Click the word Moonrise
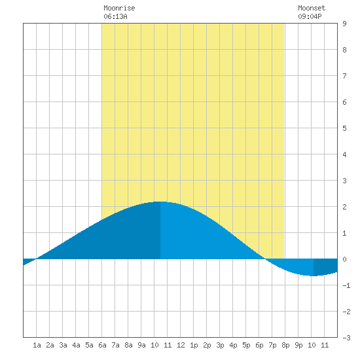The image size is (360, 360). [x=119, y=8]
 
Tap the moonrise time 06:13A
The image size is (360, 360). [x=115, y=16]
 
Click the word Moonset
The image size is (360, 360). [x=312, y=8]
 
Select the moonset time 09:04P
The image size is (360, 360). [x=310, y=16]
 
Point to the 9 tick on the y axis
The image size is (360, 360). [x=344, y=24]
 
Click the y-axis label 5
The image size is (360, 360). [x=344, y=128]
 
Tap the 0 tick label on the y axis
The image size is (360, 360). [x=344, y=259]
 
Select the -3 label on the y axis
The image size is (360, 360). [x=346, y=338]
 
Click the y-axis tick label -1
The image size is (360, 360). [x=346, y=285]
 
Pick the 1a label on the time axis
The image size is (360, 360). [x=37, y=345]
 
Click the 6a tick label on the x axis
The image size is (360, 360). [x=102, y=345]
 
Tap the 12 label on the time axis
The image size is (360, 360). [x=181, y=345]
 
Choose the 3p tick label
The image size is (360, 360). [x=220, y=345]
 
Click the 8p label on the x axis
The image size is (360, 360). [x=285, y=345]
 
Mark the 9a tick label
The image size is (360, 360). [x=141, y=345]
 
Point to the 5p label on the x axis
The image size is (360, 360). [x=246, y=345]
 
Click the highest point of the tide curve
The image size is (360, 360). [x=160, y=202]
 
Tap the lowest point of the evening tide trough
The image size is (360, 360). [x=314, y=276]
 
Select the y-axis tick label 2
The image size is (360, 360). [x=344, y=207]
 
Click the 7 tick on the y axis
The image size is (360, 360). [x=344, y=76]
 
